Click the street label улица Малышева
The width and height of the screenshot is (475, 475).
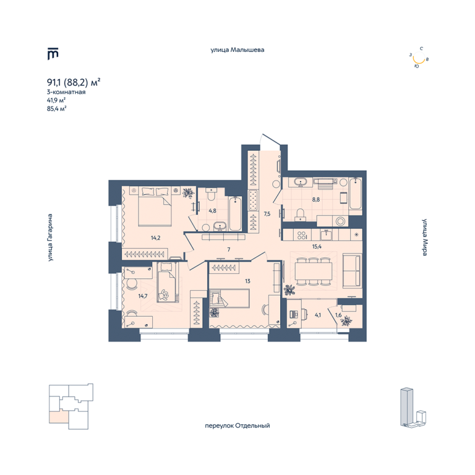237,49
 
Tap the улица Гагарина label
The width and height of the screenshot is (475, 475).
50,237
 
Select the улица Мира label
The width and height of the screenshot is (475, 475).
425,237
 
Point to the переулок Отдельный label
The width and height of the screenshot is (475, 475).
237,426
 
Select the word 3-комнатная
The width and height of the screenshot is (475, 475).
66,92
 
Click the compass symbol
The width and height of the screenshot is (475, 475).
419,58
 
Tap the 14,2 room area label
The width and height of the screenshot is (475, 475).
156,237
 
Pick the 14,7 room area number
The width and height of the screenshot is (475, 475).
143,296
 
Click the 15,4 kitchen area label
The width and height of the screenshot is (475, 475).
317,247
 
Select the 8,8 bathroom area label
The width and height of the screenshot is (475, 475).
316,200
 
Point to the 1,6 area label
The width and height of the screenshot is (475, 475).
338,315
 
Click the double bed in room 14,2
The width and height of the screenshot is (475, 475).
155,207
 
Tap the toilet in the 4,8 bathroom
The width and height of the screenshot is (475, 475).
211,194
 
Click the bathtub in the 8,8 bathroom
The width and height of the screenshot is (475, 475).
356,194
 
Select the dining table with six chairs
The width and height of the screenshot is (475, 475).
314,272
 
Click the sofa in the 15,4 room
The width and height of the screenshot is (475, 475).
352,271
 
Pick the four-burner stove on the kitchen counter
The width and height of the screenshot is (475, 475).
302,236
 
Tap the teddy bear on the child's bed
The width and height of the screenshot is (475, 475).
164,295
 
